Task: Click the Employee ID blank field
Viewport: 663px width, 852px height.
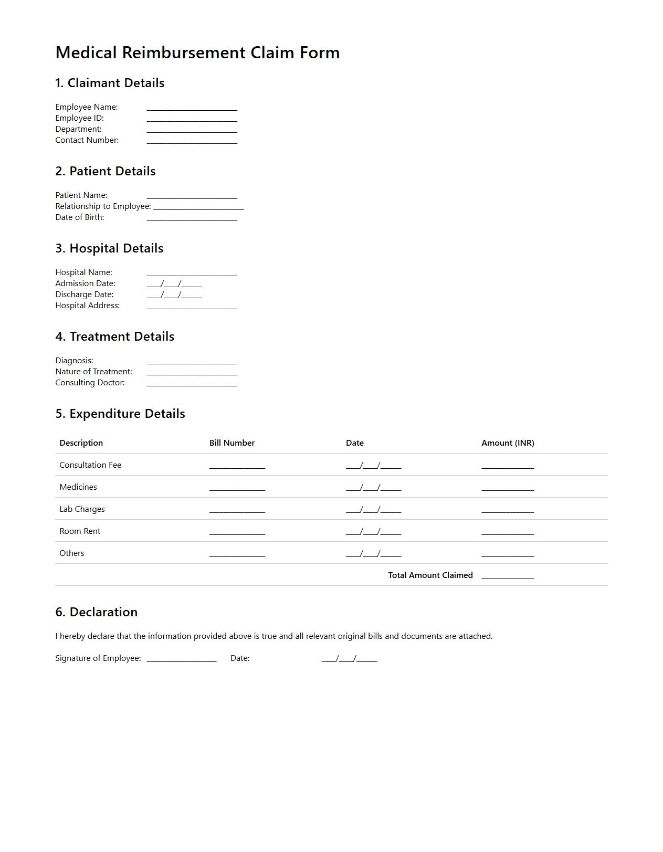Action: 192,119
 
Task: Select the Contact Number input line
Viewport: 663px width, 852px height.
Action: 192,141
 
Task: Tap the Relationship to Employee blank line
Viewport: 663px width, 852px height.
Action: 198,207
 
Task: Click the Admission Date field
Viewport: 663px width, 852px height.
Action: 174,284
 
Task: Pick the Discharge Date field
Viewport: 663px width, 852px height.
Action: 174,295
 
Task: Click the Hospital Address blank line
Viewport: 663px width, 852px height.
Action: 192,307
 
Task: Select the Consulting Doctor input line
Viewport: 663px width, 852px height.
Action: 192,384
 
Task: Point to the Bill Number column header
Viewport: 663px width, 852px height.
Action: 231,443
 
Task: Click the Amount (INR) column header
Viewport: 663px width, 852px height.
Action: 508,443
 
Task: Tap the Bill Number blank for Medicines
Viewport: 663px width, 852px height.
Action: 237,488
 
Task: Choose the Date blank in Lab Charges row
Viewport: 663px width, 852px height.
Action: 373,510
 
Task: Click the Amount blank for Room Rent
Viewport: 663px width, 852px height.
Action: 507,532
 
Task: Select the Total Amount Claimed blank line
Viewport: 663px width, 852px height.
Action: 507,576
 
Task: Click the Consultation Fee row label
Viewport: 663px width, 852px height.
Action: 90,465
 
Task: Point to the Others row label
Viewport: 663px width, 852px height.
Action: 72,553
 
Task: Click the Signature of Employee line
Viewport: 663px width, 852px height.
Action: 181,659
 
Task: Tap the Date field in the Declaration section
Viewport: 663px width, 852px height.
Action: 349,659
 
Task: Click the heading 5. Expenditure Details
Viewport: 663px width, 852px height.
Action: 120,414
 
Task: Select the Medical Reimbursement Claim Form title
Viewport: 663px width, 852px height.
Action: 197,52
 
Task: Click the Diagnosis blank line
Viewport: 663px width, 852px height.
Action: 192,362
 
